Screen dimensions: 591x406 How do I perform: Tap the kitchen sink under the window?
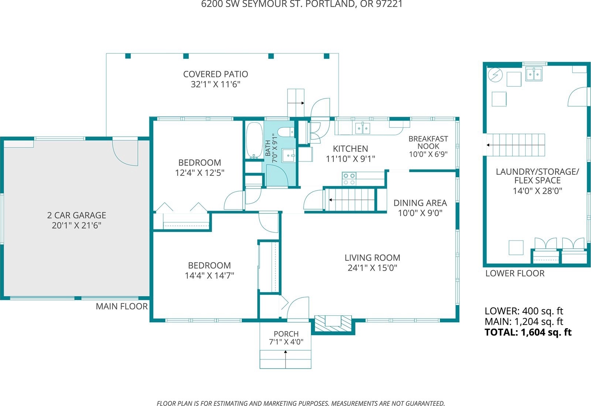(362, 128)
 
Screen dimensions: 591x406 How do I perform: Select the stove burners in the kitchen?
(349, 179)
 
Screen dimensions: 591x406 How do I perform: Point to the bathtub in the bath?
(254, 141)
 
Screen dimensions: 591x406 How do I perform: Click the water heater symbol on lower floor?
(495, 75)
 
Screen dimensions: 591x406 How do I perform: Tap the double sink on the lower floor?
(534, 74)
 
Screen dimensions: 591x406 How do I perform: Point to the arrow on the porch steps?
(285, 359)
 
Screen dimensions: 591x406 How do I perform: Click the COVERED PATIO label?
(215, 74)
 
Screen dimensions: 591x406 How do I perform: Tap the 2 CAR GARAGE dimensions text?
(76, 225)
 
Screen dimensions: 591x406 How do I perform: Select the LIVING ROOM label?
(372, 258)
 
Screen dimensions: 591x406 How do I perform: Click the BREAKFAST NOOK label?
(428, 142)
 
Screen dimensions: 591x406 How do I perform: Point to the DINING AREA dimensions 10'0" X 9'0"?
(420, 213)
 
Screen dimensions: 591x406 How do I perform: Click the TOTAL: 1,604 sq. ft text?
(528, 332)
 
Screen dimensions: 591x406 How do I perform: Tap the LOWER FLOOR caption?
(515, 273)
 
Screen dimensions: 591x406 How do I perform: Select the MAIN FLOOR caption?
(122, 307)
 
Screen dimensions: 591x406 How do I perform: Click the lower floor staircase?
(516, 145)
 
